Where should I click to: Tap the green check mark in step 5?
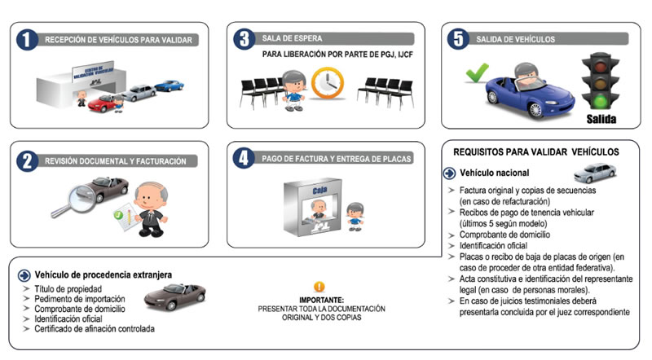click(x=476, y=75)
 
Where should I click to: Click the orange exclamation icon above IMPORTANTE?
click(x=318, y=287)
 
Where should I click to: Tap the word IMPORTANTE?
click(x=317, y=299)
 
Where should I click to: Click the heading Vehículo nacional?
click(x=495, y=173)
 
